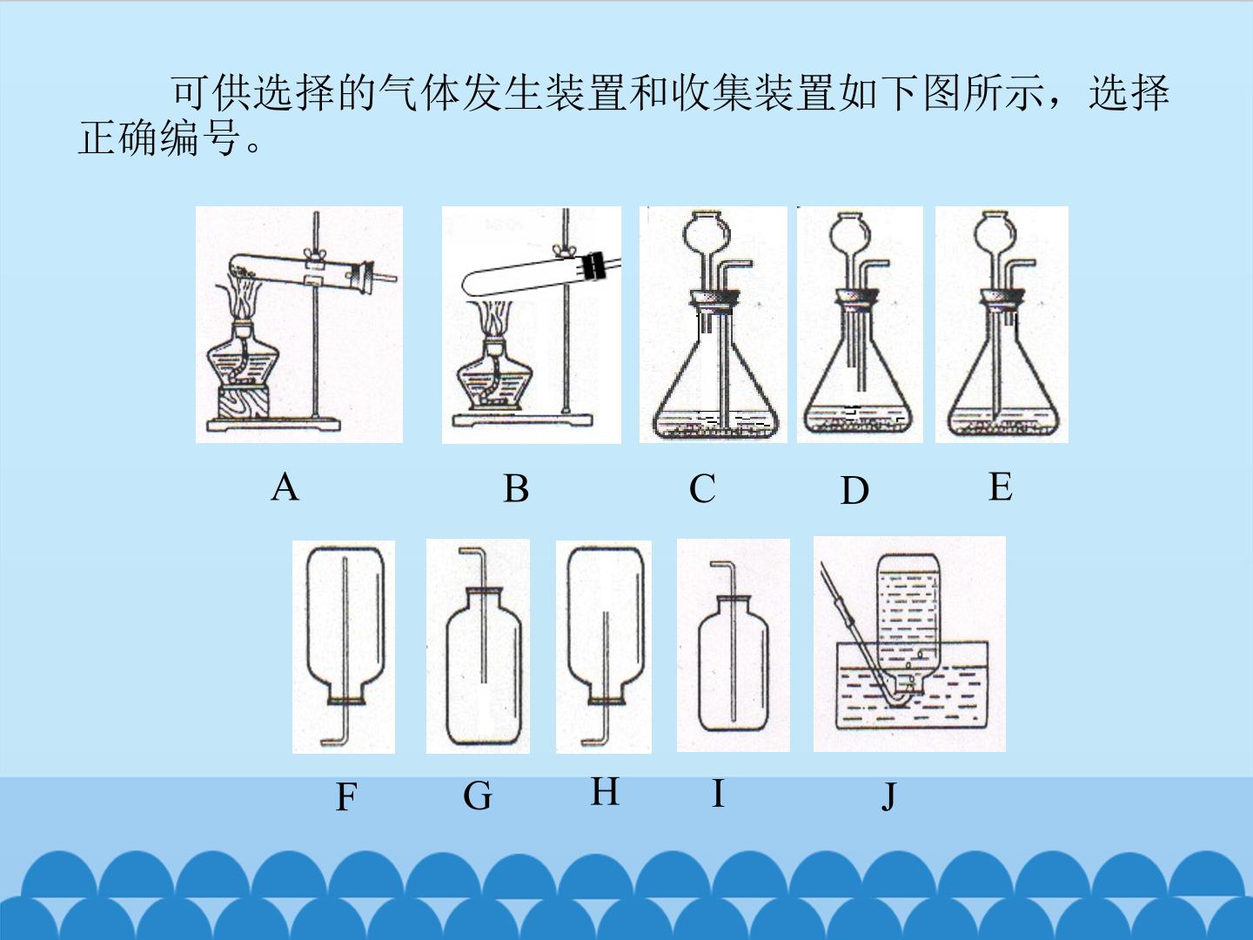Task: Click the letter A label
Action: (x=285, y=488)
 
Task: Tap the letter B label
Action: (x=516, y=489)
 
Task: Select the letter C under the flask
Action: (x=702, y=489)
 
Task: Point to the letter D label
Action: (x=854, y=491)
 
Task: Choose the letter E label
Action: (x=1001, y=487)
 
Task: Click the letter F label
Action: (x=346, y=796)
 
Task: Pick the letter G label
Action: (x=477, y=796)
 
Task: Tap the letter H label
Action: (x=605, y=792)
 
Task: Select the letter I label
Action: (x=718, y=793)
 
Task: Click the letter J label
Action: (x=888, y=796)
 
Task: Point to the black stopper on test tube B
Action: (x=594, y=265)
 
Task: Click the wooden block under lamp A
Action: (x=243, y=402)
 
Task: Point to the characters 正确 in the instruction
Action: (x=119, y=138)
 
